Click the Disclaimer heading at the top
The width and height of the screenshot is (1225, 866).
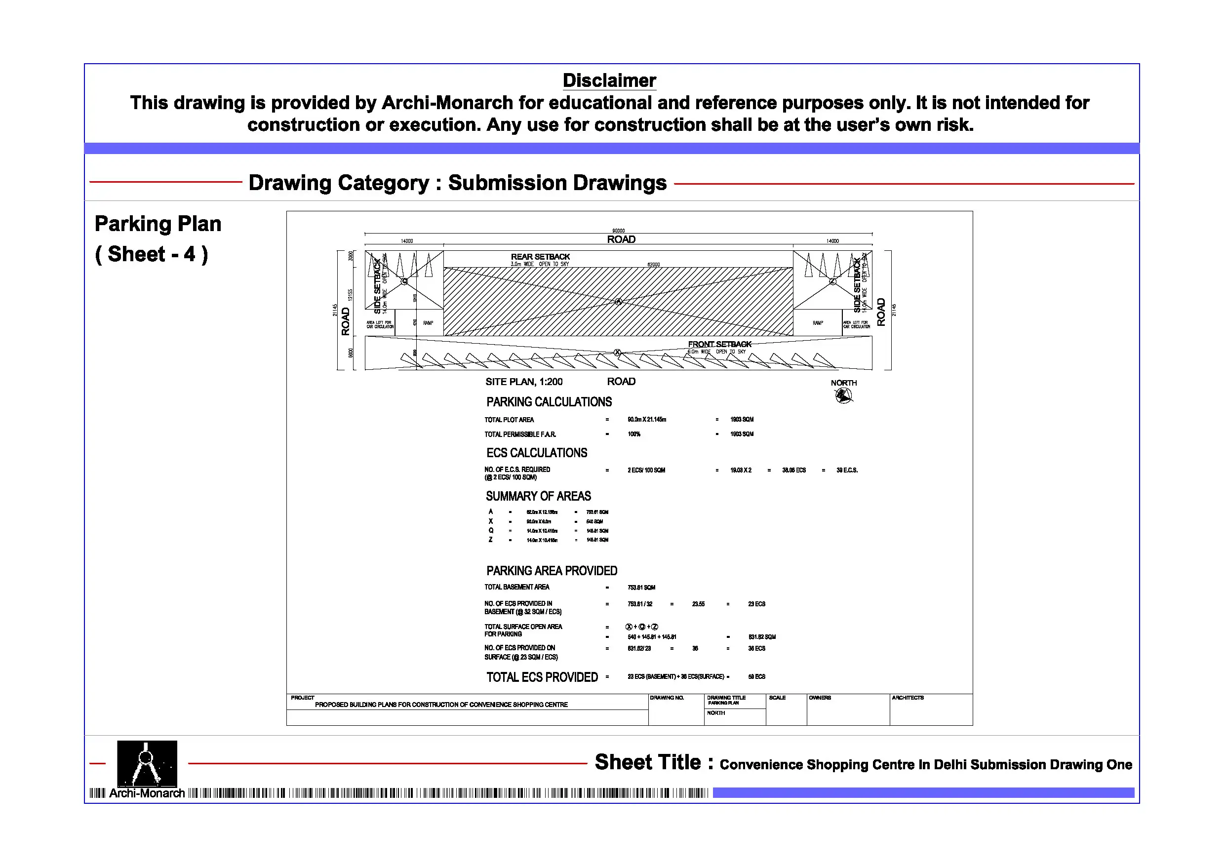coord(609,80)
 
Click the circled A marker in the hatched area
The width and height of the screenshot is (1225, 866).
coord(618,302)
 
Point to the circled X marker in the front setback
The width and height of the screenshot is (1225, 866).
coord(617,352)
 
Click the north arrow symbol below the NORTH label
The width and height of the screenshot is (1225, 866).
coord(843,395)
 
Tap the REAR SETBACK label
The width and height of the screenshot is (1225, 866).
coord(540,257)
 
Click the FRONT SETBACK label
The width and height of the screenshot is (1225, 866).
coord(719,344)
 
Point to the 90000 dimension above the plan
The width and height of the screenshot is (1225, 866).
coord(618,231)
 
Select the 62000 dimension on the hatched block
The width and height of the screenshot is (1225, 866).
coord(653,265)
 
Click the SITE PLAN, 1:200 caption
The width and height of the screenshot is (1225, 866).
coord(523,382)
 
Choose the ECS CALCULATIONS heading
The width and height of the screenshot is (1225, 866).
coord(536,453)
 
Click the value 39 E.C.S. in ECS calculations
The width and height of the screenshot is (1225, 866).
coord(847,470)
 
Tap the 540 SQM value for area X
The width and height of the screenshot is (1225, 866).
coord(594,521)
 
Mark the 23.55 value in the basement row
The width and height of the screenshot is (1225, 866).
coord(698,604)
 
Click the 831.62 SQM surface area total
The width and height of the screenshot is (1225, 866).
coord(761,636)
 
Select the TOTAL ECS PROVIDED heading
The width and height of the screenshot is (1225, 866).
coord(542,677)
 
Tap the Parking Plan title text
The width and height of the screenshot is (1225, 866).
coord(158,224)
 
